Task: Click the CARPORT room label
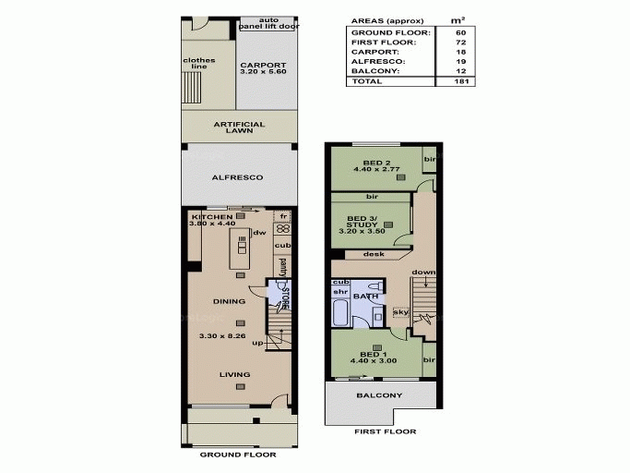(x=263, y=65)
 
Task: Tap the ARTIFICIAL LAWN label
(x=239, y=127)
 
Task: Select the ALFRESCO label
(x=238, y=176)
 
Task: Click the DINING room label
(x=228, y=300)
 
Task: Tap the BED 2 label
(x=375, y=162)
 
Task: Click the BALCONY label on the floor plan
(x=378, y=395)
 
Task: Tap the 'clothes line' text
(x=199, y=64)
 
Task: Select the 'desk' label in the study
(x=374, y=254)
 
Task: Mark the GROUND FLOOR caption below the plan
(x=238, y=455)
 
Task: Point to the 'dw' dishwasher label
(x=259, y=232)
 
